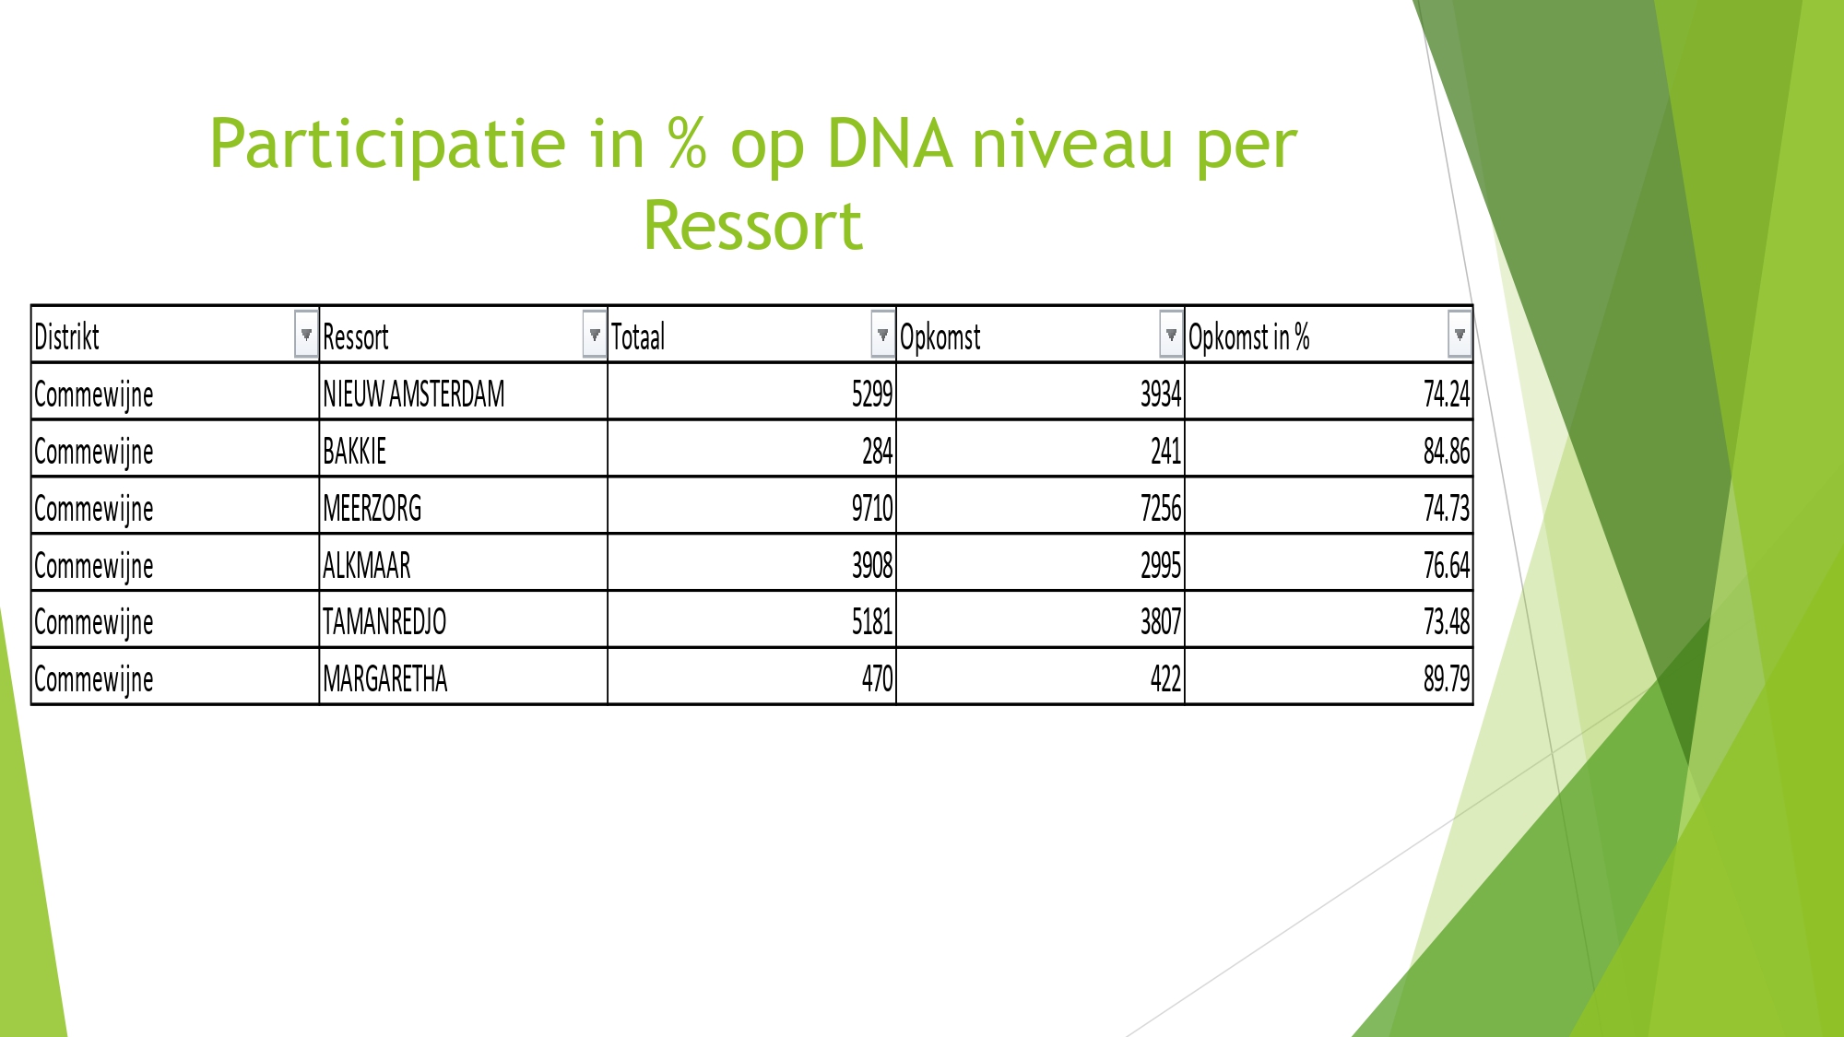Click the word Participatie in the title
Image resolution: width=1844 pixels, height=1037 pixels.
[x=388, y=145]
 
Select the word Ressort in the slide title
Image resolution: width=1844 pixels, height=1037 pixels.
[x=752, y=226]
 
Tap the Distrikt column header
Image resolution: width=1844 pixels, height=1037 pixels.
[x=66, y=336]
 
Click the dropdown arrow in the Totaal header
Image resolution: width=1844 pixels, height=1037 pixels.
[x=882, y=335]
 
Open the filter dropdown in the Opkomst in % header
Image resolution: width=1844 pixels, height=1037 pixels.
[x=1460, y=335]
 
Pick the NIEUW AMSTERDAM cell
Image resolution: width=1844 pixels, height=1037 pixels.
[x=414, y=394]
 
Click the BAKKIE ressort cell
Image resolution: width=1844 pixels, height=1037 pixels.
[x=354, y=451]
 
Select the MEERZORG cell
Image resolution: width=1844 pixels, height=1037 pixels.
[x=372, y=508]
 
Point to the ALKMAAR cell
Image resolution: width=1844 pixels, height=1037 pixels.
[x=366, y=565]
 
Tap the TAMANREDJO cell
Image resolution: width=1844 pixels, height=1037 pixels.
[x=384, y=622]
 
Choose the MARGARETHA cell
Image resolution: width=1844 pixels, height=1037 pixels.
[x=384, y=679]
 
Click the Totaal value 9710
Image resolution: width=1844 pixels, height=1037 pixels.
[x=872, y=508]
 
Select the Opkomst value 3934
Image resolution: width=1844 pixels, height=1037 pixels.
[x=1161, y=394]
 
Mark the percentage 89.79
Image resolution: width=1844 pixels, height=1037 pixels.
[x=1447, y=679]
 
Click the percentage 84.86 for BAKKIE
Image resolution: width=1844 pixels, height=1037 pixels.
[x=1447, y=451]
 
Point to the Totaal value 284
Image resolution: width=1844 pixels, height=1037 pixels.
[x=878, y=451]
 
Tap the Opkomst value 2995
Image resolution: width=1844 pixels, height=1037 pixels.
[x=1161, y=565]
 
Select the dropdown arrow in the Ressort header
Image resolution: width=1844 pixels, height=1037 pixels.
[x=595, y=335]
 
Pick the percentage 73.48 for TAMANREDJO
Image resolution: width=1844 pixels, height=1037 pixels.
[x=1447, y=622]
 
